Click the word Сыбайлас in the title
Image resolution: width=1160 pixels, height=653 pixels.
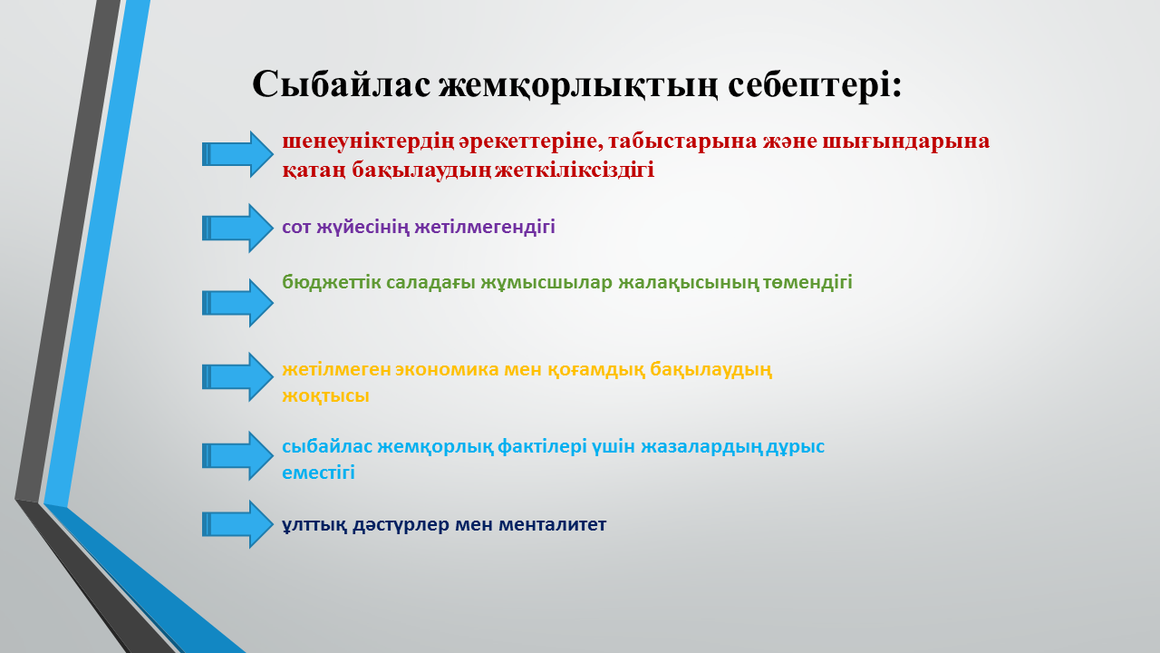click(x=342, y=84)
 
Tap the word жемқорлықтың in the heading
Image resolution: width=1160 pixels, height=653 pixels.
click(x=578, y=85)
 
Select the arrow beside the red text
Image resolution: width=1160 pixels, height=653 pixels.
click(x=237, y=154)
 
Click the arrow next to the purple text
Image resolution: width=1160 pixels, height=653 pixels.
click(x=237, y=228)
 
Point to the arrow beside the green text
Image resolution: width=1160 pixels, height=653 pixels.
click(x=237, y=303)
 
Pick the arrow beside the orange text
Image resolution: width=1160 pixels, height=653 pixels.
click(x=237, y=376)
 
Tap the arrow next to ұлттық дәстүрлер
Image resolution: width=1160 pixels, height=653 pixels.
click(x=237, y=524)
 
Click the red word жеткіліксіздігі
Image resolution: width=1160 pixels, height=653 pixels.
click(x=575, y=171)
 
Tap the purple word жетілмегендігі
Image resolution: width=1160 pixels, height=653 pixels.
click(x=485, y=228)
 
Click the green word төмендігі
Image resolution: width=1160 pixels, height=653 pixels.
click(x=807, y=283)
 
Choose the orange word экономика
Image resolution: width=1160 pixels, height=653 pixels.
click(x=447, y=370)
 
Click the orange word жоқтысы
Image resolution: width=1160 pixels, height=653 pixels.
click(x=325, y=396)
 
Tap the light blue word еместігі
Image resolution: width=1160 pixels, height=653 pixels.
click(x=318, y=473)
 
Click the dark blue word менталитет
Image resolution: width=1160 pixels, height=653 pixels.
click(x=552, y=525)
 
